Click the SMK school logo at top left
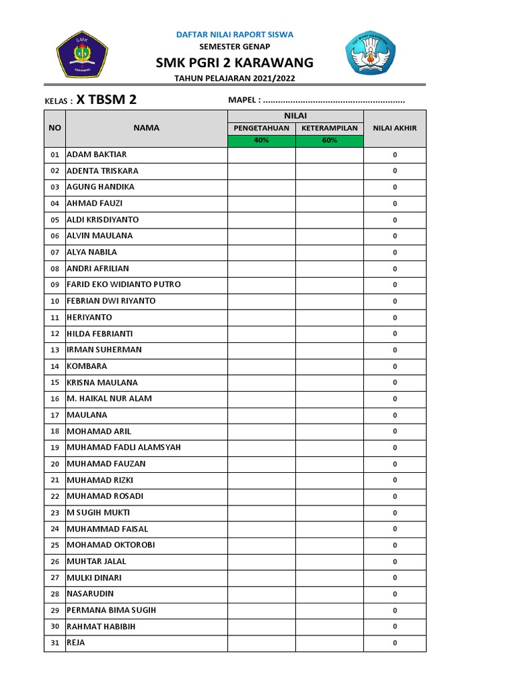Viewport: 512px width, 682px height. click(x=82, y=54)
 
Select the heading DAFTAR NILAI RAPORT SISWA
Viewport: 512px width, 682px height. click(x=234, y=34)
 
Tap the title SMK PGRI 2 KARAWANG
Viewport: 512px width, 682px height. click(x=234, y=63)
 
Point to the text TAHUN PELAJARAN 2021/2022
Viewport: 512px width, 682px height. click(x=234, y=79)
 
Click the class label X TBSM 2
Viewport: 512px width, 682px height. click(x=107, y=101)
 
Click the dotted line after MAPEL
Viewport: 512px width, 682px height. click(x=334, y=101)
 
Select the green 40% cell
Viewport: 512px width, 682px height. click(x=261, y=141)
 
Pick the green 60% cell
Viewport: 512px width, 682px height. click(x=329, y=141)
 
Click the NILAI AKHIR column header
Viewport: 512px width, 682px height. click(x=395, y=129)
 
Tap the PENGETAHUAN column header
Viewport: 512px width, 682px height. click(x=261, y=128)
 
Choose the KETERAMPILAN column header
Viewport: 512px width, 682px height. click(x=329, y=128)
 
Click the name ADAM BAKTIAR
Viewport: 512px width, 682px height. click(x=97, y=155)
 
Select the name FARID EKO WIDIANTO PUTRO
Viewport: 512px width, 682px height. click(x=123, y=284)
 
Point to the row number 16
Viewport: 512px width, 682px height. click(x=55, y=399)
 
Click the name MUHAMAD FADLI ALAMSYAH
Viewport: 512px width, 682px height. click(x=123, y=448)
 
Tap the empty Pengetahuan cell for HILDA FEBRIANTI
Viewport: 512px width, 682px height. click(x=261, y=334)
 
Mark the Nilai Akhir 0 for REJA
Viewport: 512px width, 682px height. click(x=395, y=643)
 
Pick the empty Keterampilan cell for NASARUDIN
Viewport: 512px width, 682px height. click(x=329, y=594)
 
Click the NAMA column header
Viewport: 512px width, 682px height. click(x=146, y=128)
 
